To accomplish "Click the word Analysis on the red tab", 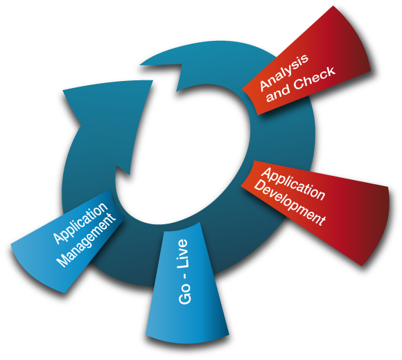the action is pyautogui.click(x=284, y=73).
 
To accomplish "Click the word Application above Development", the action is pyautogui.click(x=293, y=183).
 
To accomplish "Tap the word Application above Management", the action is pyautogui.click(x=80, y=222).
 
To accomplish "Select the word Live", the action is pyautogui.click(x=183, y=253).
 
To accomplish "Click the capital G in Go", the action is pyautogui.click(x=185, y=299).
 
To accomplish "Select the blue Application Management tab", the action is pyautogui.click(x=68, y=241).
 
